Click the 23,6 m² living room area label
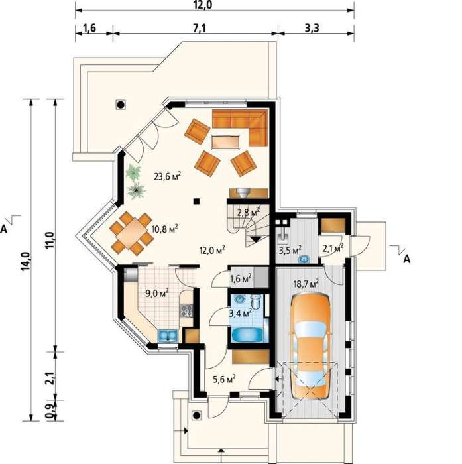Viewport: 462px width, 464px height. (x=168, y=176)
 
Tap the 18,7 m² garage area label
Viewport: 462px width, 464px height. (x=306, y=284)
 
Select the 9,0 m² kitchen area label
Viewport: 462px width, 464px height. (x=157, y=293)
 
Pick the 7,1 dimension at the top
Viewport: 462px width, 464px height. (x=200, y=28)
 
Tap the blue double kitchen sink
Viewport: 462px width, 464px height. (x=168, y=336)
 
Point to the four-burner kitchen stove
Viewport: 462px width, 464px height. (x=186, y=311)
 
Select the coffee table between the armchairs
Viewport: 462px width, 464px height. (x=225, y=142)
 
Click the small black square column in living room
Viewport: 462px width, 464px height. (x=196, y=202)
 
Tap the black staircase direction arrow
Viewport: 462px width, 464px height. (x=255, y=239)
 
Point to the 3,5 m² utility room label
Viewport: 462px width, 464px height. (x=290, y=251)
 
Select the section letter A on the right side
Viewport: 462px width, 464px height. (x=407, y=259)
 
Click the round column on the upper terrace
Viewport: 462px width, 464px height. (x=121, y=105)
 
